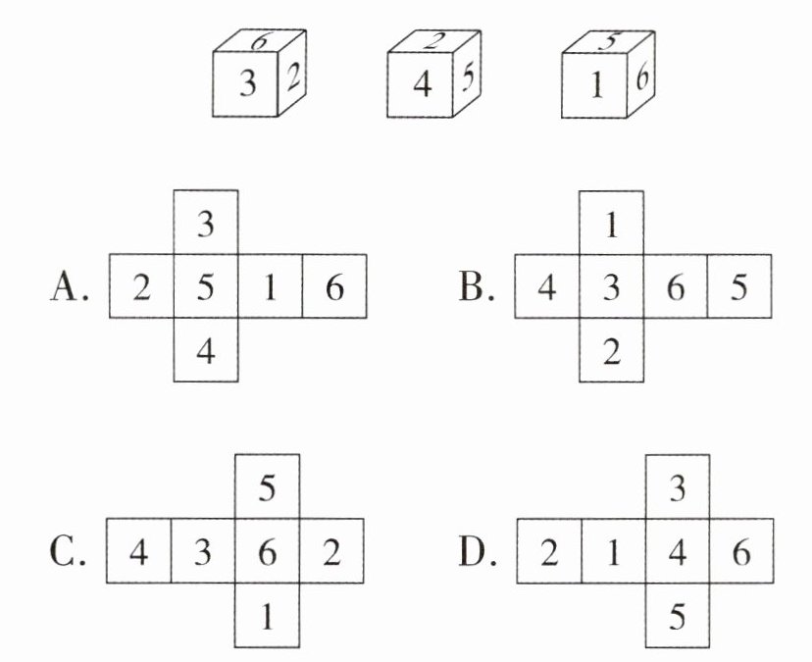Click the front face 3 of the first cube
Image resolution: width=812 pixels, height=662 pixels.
click(249, 84)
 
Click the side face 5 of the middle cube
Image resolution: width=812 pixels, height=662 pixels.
click(467, 76)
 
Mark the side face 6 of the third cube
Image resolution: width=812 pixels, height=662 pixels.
click(640, 76)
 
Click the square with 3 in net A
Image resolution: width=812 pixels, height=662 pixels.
click(206, 224)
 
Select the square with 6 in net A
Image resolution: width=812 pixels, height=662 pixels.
click(334, 287)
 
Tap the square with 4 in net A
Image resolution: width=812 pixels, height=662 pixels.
click(206, 350)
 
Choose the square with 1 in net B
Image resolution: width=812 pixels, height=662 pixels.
click(612, 224)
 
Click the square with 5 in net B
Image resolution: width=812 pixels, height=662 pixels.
click(739, 287)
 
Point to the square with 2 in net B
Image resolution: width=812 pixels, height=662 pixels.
click(612, 350)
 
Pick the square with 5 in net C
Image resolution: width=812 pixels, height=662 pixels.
click(267, 487)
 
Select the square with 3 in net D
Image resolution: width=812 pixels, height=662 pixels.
click(677, 487)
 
